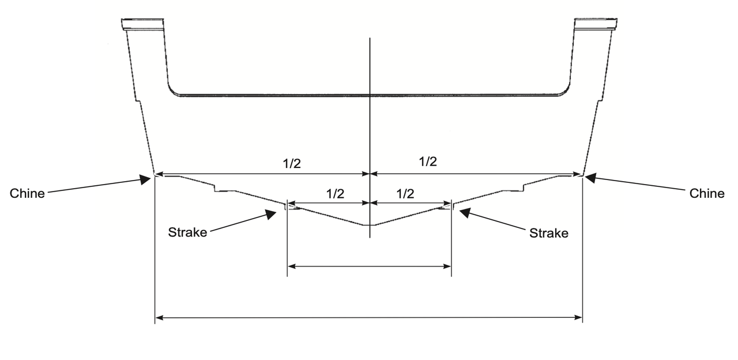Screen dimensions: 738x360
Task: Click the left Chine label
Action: click(x=27, y=193)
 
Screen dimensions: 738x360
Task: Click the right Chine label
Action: click(x=707, y=193)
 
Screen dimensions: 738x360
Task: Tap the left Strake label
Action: click(x=187, y=232)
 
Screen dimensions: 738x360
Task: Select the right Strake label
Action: click(x=549, y=233)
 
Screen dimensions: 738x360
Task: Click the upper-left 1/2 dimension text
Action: click(x=292, y=163)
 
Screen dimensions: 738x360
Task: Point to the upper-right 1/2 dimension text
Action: click(x=428, y=162)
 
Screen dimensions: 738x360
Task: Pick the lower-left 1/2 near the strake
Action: click(x=336, y=194)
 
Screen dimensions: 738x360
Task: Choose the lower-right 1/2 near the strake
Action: click(x=405, y=194)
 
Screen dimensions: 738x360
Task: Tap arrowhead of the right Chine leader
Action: click(x=590, y=178)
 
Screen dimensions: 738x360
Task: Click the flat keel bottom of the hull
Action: click(x=369, y=225)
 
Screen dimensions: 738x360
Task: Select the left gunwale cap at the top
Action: click(x=142, y=24)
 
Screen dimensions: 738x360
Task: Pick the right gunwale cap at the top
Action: click(x=596, y=24)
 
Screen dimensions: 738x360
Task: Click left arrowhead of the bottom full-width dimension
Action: click(x=159, y=318)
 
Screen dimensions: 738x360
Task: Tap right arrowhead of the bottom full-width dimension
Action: click(x=578, y=318)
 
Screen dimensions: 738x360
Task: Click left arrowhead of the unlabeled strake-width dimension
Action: click(x=292, y=267)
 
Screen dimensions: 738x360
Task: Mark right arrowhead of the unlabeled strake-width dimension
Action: click(x=447, y=267)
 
